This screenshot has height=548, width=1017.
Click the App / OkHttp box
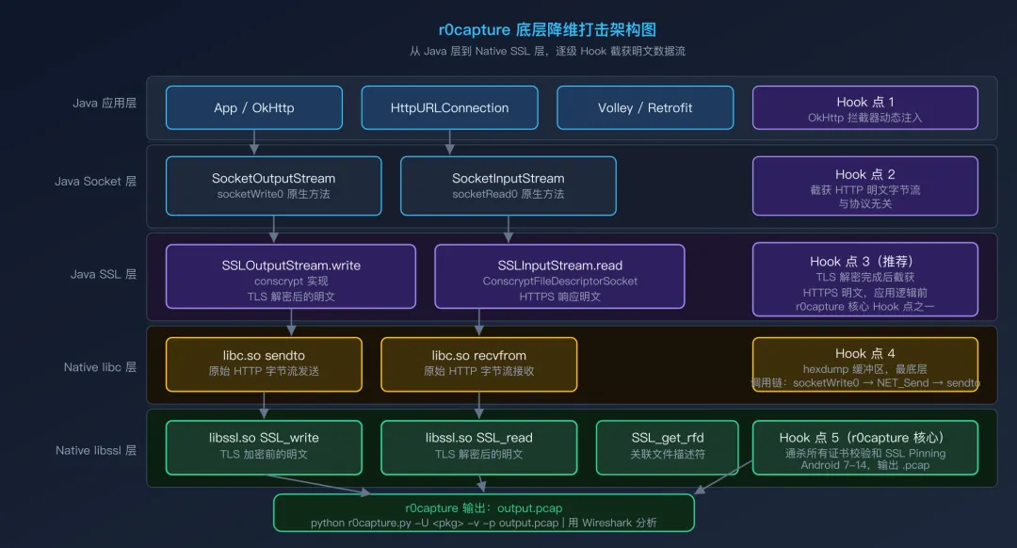point(253,107)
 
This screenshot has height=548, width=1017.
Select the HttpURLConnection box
point(449,107)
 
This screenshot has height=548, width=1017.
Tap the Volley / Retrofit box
point(645,107)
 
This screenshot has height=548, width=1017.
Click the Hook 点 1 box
point(864,107)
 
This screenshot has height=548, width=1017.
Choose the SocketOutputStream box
point(273,185)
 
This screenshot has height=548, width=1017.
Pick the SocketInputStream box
point(508,185)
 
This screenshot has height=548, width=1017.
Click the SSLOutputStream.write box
point(290,276)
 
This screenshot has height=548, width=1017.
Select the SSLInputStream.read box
point(559,276)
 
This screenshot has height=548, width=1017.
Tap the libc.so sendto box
point(264,363)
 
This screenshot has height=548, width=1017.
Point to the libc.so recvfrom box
point(478,363)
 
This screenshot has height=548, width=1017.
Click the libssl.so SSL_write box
point(264,446)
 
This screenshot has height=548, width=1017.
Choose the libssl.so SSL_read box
point(478,446)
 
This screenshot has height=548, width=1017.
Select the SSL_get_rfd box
point(668,446)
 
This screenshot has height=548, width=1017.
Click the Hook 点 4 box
point(864,363)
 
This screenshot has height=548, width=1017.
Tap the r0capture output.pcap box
point(483,513)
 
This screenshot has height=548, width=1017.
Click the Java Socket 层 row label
point(95,181)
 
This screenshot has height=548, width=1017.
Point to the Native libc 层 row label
point(100,367)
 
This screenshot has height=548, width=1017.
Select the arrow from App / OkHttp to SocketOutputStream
point(253,142)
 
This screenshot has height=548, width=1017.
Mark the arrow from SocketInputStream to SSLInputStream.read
point(508,230)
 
